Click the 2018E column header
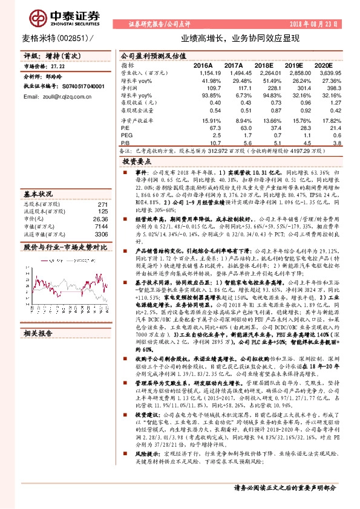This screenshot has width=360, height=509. pos(264,63)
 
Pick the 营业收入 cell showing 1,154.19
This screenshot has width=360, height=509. pos(206,71)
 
